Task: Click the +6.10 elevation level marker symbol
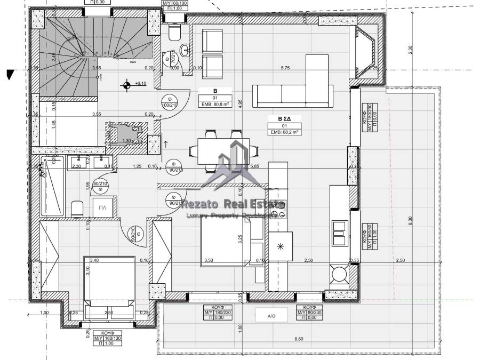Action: pos(127,84)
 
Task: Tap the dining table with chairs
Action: pos(223,147)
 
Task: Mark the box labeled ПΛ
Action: pos(103,208)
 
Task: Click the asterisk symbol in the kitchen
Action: pos(281,246)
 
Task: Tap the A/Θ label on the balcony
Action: pos(272,315)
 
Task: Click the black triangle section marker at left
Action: pos(9,74)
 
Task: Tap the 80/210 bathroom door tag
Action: pos(100,185)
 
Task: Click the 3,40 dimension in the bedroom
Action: pos(94,260)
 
